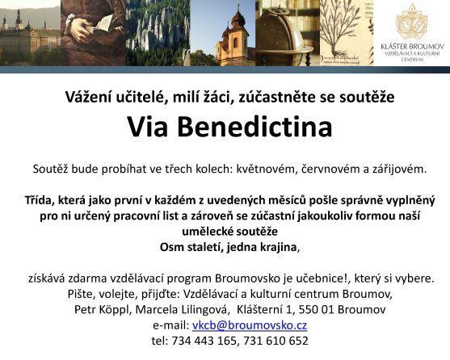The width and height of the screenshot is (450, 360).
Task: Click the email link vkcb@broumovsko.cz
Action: [249, 325]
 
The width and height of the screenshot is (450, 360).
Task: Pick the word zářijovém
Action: [396, 170]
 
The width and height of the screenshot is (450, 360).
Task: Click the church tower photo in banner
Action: [234, 36]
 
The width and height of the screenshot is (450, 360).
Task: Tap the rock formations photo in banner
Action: [163, 36]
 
